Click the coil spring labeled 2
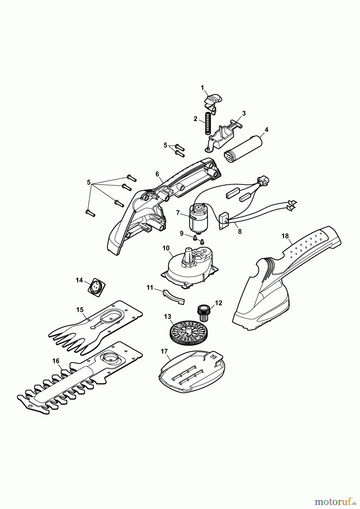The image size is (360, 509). pyautogui.click(x=207, y=124)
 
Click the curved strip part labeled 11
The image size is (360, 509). pyautogui.click(x=173, y=297)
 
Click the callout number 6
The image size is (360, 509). pyautogui.click(x=157, y=174)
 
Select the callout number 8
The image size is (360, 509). pyautogui.click(x=240, y=231)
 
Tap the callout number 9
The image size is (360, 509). pyautogui.click(x=181, y=233)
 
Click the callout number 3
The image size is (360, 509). pyautogui.click(x=244, y=113)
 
